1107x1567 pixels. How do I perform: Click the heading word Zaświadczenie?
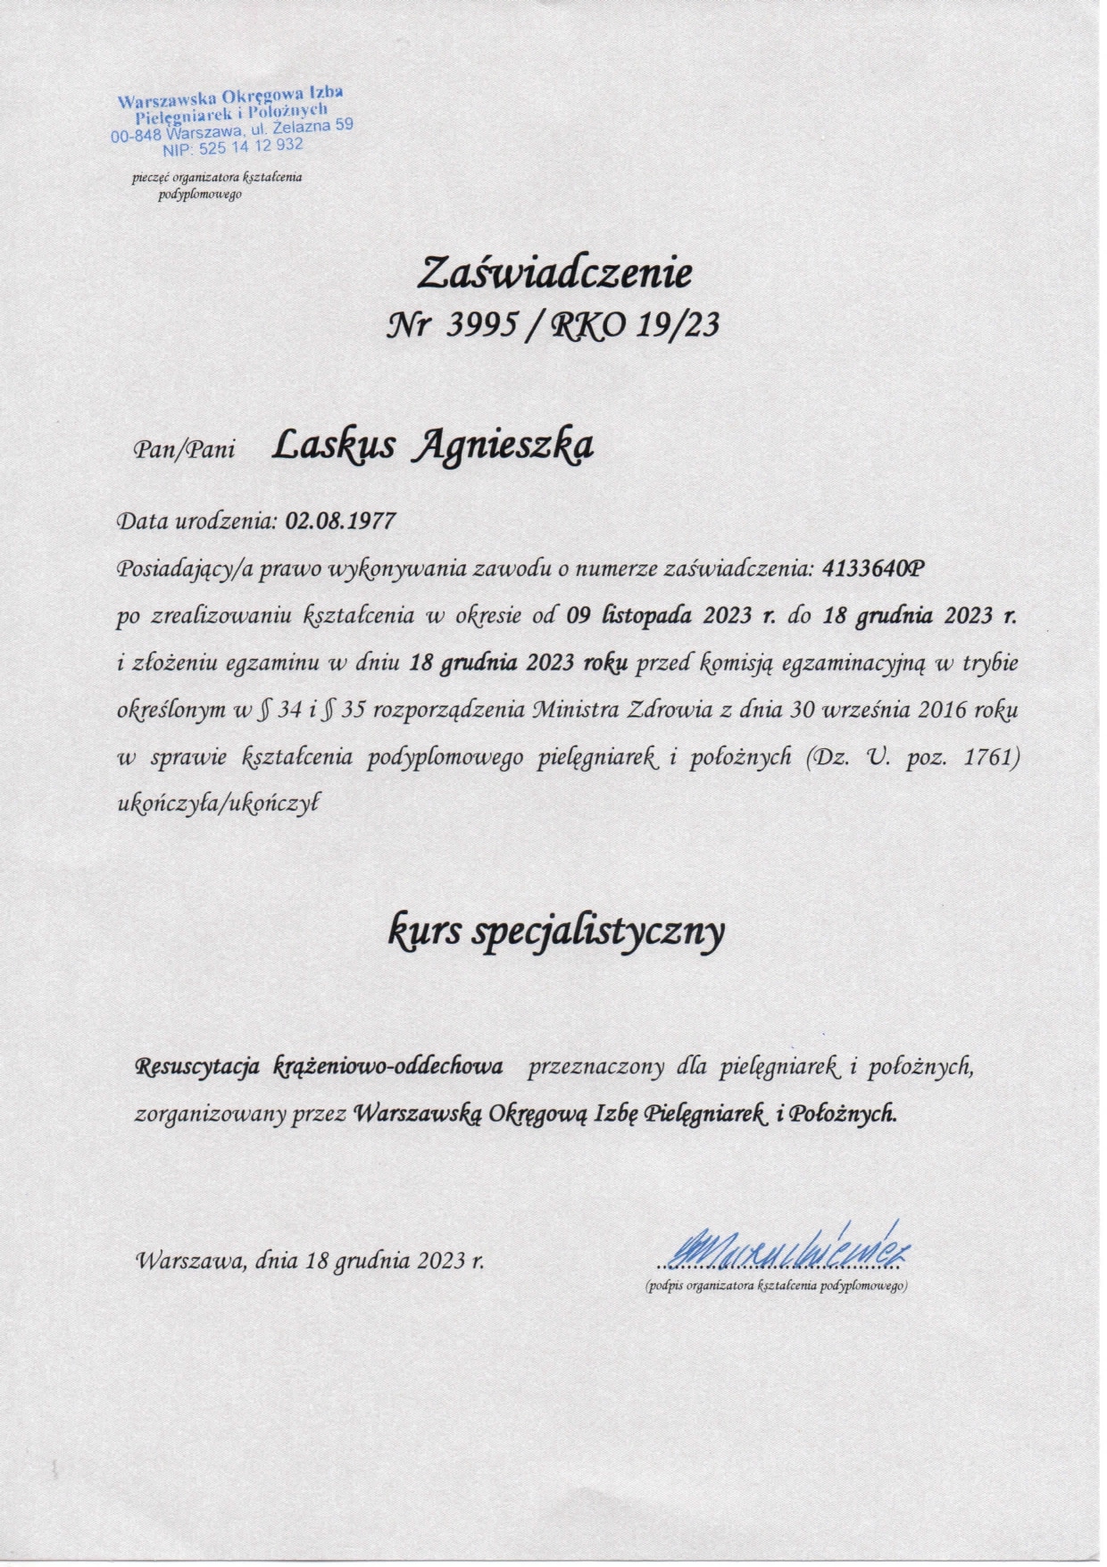pyautogui.click(x=553, y=272)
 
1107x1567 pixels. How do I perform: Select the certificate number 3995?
pyautogui.click(x=483, y=326)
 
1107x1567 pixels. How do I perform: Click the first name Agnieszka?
pyautogui.click(x=503, y=445)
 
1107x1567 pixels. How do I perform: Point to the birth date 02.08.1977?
pyautogui.click(x=340, y=521)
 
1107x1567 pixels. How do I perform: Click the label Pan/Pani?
pyautogui.click(x=184, y=449)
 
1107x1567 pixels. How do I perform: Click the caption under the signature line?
pyautogui.click(x=776, y=1286)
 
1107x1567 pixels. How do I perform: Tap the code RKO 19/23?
pyautogui.click(x=636, y=326)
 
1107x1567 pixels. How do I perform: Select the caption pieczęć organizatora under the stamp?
pyautogui.click(x=217, y=177)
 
